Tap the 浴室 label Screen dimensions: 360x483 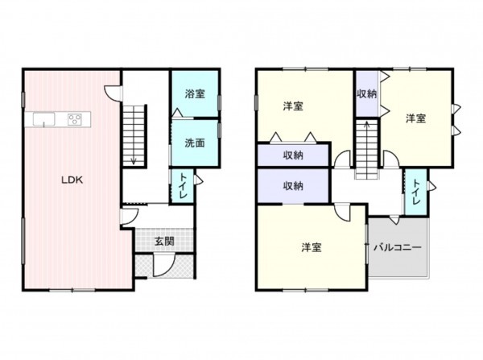click(x=193, y=92)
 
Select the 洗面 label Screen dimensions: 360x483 click(x=193, y=143)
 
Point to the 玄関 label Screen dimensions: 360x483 click(x=163, y=240)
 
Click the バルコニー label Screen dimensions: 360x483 click(x=397, y=247)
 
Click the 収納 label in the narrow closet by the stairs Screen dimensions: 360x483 click(x=366, y=93)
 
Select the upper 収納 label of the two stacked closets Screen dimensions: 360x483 click(x=292, y=155)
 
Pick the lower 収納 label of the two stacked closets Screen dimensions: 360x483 click(x=292, y=186)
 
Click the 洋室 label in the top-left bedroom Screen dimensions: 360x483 click(x=292, y=106)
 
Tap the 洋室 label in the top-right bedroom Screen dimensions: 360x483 click(x=415, y=118)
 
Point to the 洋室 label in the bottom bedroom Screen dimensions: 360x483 click(x=312, y=247)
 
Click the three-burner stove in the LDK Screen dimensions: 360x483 click(x=75, y=121)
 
